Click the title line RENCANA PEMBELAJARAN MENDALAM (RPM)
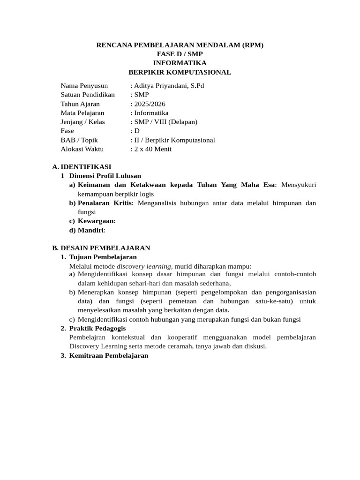(x=180, y=45)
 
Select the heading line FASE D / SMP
(x=180, y=54)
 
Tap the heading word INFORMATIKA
(x=180, y=63)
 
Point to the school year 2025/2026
(x=150, y=104)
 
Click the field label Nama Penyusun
(x=84, y=86)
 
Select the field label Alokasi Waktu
(x=82, y=149)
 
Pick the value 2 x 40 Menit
(x=153, y=149)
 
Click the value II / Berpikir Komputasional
(x=174, y=140)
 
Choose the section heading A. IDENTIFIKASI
(x=82, y=167)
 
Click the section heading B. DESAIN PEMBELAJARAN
(x=101, y=248)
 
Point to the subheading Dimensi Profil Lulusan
(x=105, y=176)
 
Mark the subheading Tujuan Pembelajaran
(x=103, y=257)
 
